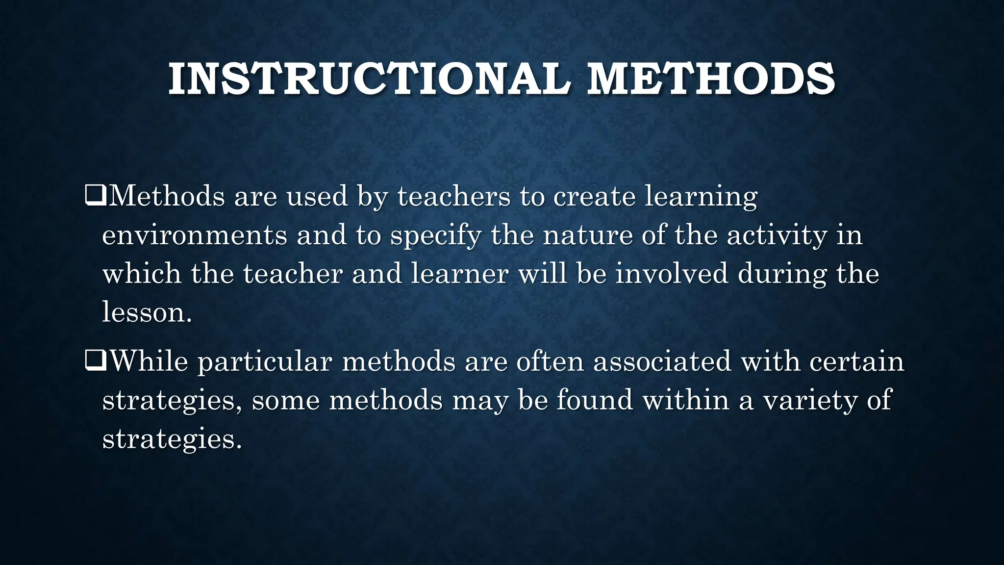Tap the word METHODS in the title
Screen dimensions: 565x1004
tap(711, 79)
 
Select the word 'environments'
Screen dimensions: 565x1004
tap(194, 235)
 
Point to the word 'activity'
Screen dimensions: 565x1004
tap(777, 236)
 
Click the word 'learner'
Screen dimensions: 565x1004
tap(459, 273)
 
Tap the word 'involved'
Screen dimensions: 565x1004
tap(672, 273)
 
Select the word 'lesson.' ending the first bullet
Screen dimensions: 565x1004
tap(147, 312)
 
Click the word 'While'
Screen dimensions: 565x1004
tap(149, 361)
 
